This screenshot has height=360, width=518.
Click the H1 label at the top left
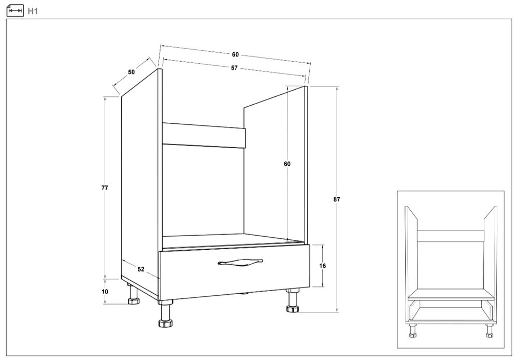tap(33, 11)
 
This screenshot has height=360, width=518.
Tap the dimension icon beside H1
tap(15, 11)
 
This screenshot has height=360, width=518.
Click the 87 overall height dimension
tap(337, 199)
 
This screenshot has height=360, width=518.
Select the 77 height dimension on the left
tap(105, 188)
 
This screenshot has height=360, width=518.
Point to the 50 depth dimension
tap(132, 72)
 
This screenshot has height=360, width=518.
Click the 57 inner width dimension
tap(234, 68)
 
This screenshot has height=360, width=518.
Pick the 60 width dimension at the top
tap(235, 54)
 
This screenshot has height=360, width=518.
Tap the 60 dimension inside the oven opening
tap(287, 164)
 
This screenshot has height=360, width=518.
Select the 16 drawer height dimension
tap(322, 266)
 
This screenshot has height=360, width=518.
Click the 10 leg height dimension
tap(105, 292)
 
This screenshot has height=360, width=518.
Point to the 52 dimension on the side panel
tap(141, 269)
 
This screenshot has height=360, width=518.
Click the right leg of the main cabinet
tap(292, 300)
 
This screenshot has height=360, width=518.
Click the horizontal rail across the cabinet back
tap(204, 135)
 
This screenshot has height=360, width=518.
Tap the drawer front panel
tap(234, 272)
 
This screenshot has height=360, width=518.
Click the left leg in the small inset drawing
tap(413, 330)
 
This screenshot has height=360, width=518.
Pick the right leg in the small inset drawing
tap(489, 330)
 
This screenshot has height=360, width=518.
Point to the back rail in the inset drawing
tap(451, 236)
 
